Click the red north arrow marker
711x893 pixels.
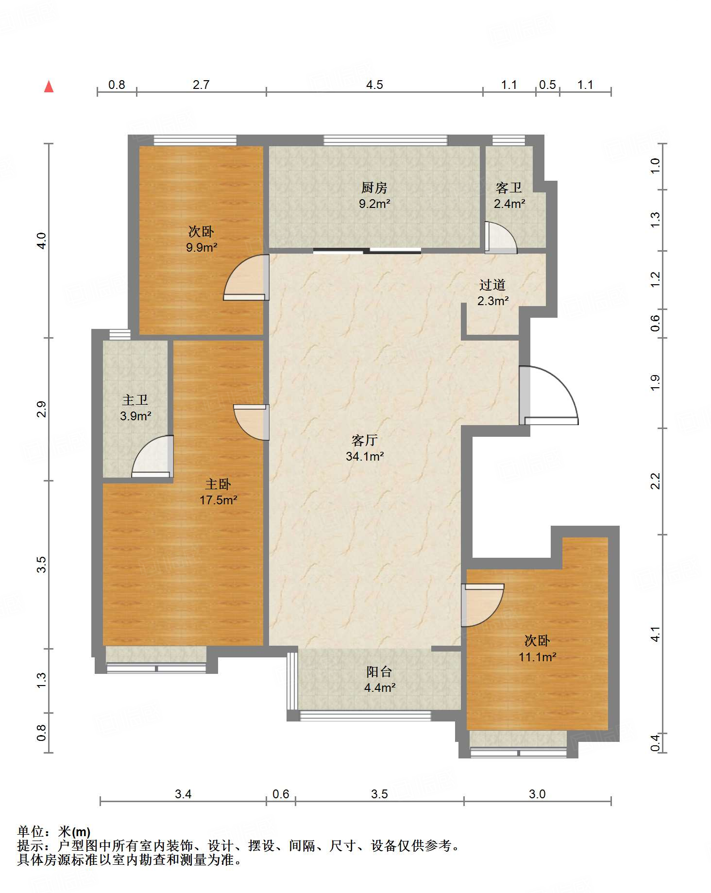tap(49, 86)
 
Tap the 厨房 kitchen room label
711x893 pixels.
tap(374, 188)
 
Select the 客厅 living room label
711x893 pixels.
tap(365, 440)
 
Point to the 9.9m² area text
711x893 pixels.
tap(202, 247)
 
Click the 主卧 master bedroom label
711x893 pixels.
tap(218, 484)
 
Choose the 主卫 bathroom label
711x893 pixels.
tap(135, 400)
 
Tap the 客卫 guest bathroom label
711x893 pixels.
tap(508, 188)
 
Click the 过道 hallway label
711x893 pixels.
tap(492, 285)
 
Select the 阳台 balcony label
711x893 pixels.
tap(379, 671)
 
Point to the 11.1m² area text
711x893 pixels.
tap(537, 657)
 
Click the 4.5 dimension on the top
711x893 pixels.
tap(374, 85)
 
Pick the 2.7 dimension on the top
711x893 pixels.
tap(201, 85)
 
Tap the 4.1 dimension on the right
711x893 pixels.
tap(655, 634)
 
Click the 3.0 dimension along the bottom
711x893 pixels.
tap(537, 794)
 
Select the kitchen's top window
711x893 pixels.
tap(385, 140)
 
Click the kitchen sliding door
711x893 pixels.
tap(367, 251)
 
